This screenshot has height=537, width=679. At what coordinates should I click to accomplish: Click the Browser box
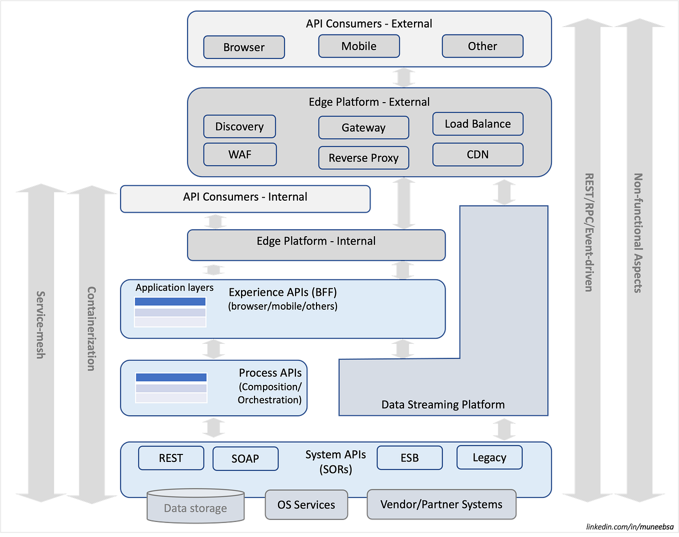244,47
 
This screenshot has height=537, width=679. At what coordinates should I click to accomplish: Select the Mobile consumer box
359,46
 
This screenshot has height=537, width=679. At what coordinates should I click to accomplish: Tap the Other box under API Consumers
482,46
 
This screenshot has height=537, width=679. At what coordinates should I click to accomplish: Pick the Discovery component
239,127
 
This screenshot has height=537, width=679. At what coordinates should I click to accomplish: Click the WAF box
240,155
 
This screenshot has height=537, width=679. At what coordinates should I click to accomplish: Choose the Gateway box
363,128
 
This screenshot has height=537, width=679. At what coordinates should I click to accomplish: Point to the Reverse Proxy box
363,158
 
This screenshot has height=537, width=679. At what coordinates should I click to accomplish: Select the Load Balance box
477,124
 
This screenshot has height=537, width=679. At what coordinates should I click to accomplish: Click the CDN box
477,155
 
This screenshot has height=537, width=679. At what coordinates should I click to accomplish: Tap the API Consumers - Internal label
245,197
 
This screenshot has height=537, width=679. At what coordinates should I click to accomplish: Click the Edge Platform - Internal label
316,241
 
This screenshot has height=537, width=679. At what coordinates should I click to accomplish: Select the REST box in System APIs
171,458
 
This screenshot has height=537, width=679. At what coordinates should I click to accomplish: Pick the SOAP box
245,458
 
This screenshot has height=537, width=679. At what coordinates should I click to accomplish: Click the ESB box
409,458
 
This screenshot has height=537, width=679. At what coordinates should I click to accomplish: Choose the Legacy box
489,457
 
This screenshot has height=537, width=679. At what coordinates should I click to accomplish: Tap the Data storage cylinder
195,508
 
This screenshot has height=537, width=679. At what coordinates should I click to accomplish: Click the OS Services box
306,505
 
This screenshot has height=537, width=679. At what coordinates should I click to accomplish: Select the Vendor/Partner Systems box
441,504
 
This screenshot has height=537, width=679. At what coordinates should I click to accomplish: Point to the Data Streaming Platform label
443,404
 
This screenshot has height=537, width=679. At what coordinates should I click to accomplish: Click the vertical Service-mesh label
40,325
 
